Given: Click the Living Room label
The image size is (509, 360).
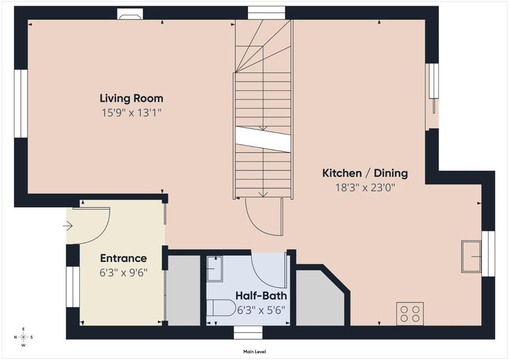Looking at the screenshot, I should coord(131,98).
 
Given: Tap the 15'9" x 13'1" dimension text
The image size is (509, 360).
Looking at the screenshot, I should coord(131,113).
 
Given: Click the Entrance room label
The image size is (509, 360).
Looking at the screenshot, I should coord(123,259).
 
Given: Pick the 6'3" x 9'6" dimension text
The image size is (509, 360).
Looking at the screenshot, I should coord(123,272).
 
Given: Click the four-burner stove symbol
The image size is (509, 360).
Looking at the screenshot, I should coord(410,314).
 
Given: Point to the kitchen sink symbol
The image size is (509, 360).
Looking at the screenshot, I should coord(471,257).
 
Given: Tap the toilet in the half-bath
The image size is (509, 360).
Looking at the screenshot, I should coord(221,308).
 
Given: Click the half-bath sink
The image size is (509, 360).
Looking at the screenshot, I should coord(215,269).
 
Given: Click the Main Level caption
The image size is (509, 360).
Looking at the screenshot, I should coord(254,352).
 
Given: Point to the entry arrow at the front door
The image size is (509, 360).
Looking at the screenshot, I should coord(68,226).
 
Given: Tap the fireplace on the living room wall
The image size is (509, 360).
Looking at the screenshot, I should coord(130,14).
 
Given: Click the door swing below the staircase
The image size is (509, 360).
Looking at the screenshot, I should coord(263,219).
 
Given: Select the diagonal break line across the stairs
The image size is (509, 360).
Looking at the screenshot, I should coord(263,139).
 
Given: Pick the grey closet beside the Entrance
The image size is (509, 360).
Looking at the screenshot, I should coord(182,290).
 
